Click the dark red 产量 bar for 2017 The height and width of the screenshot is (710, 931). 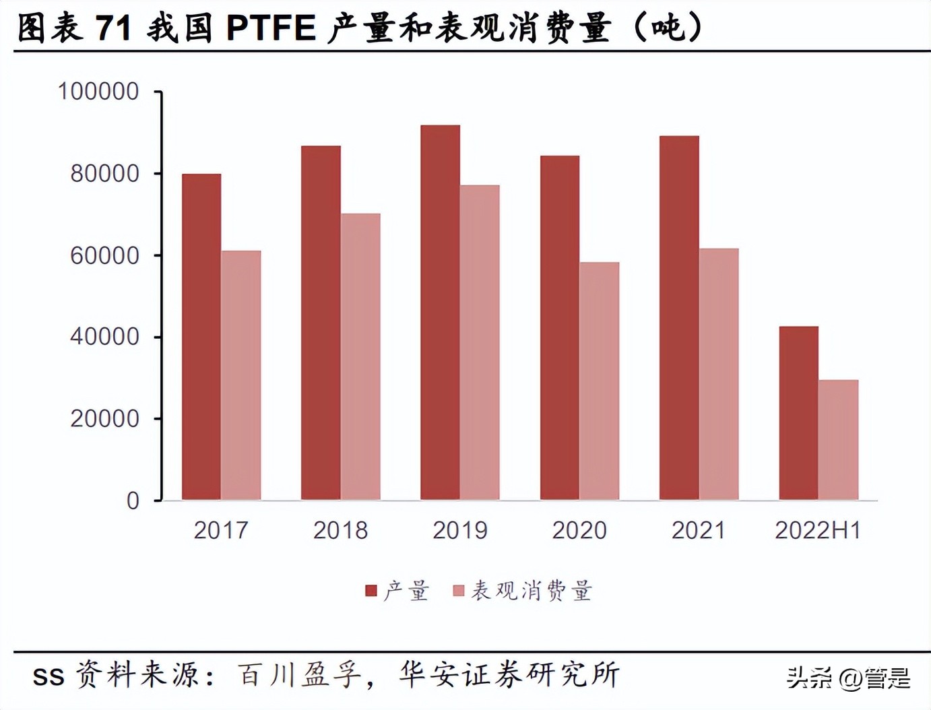(x=201, y=337)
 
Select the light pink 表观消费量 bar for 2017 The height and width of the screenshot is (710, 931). (x=241, y=375)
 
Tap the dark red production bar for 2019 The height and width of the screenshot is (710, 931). (x=440, y=313)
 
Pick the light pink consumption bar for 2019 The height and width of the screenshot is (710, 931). (x=480, y=342)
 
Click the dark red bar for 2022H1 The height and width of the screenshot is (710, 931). (x=798, y=413)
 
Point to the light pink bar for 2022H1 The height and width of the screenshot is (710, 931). (x=838, y=440)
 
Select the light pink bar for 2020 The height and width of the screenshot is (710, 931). (x=599, y=381)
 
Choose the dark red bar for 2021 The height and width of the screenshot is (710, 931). (x=679, y=318)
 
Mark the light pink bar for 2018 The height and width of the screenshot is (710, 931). (x=360, y=356)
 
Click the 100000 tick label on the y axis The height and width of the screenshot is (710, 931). (x=98, y=92)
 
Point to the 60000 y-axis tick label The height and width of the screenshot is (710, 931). (x=104, y=256)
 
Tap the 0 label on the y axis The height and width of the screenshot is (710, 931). (x=133, y=501)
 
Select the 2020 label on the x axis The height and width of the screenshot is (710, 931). (x=579, y=531)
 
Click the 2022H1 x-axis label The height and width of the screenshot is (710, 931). (x=818, y=531)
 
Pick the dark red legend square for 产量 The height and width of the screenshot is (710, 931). (x=371, y=591)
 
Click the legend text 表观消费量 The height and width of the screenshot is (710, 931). (x=531, y=591)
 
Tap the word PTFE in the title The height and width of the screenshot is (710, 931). (x=271, y=28)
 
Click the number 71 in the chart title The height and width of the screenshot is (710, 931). (x=113, y=28)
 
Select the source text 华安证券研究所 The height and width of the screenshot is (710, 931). (x=509, y=675)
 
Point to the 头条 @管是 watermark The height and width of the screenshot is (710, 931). (x=848, y=678)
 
